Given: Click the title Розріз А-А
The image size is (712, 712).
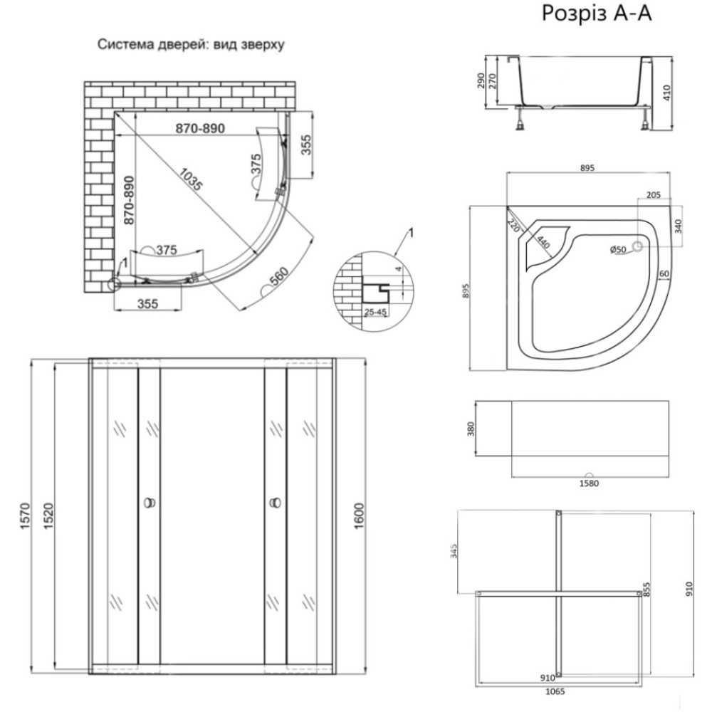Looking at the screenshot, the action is click(x=597, y=14).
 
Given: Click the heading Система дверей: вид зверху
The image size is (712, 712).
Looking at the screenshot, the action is click(x=191, y=44).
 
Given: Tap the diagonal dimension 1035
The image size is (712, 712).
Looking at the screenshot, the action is click(x=190, y=179).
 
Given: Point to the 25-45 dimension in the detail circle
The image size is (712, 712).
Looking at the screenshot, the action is click(x=375, y=312).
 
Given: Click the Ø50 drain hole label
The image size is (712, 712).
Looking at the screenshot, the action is click(x=618, y=249).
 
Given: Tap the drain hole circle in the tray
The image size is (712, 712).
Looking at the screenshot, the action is click(x=637, y=247).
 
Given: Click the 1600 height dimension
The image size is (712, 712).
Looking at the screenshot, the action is click(x=359, y=515).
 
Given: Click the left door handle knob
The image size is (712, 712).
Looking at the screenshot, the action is click(x=149, y=503).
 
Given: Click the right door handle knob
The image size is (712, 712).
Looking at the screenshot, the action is click(x=275, y=503).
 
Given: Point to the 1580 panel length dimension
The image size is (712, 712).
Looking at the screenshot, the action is click(x=589, y=483).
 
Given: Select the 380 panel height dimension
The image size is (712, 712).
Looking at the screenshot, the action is click(x=471, y=429).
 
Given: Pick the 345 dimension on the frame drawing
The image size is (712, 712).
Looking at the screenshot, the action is click(x=454, y=550).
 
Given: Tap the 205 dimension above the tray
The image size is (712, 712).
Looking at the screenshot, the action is click(x=653, y=195).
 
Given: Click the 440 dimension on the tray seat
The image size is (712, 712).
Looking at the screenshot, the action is click(x=543, y=242).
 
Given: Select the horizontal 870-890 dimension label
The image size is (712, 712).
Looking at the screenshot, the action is click(x=200, y=128).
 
